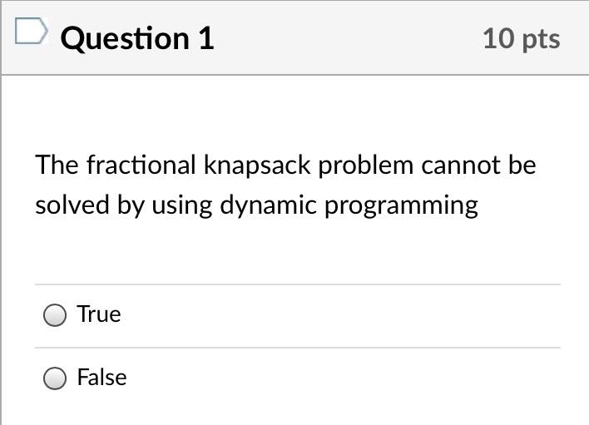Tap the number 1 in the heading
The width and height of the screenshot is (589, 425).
pos(205,38)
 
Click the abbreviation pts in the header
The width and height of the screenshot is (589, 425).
pos(542,40)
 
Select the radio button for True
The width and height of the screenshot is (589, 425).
pos(55,315)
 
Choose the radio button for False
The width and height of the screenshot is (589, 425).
pos(55,378)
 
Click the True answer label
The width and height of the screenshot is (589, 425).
pos(99,314)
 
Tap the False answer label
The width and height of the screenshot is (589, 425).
pos(101,378)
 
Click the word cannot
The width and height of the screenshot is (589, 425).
pos(461,165)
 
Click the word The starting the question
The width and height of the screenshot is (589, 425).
pos(57,165)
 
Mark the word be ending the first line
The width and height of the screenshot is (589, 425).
pos(522,165)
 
